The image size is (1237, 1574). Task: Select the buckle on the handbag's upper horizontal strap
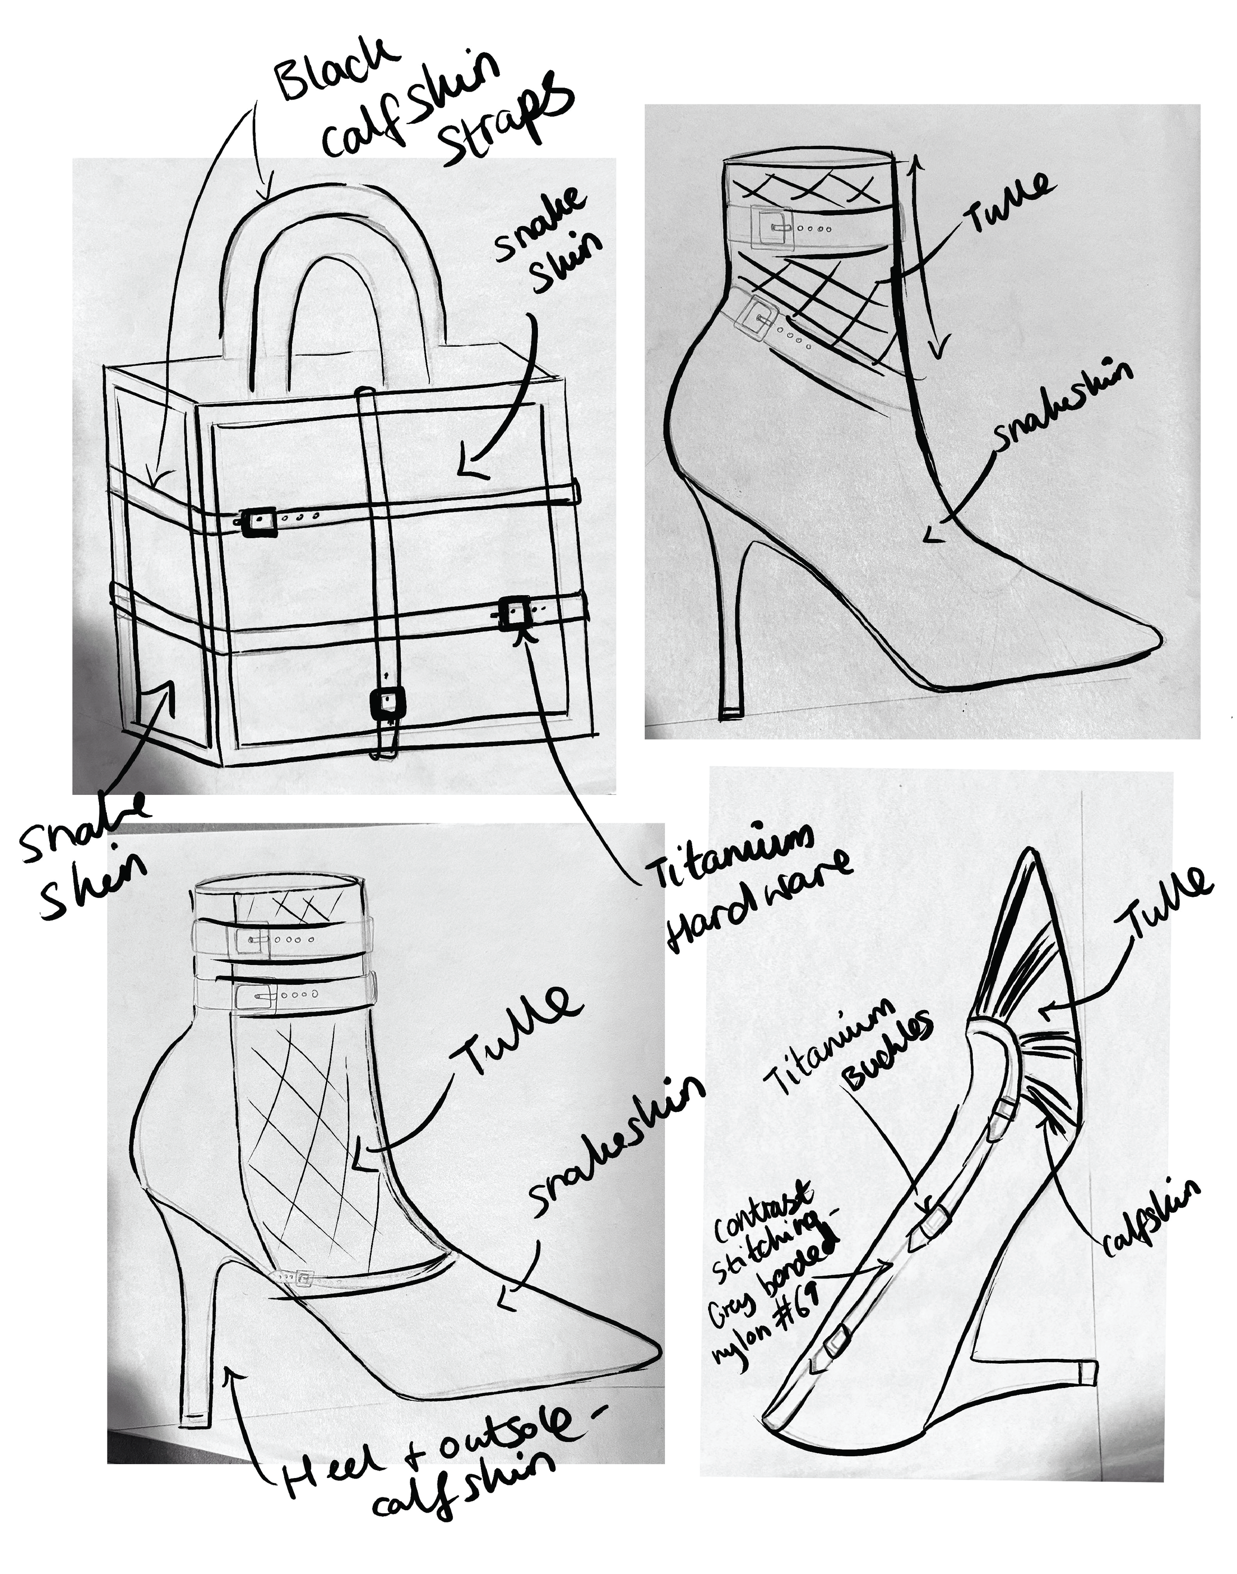coord(259,521)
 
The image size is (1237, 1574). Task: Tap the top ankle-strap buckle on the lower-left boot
coord(251,940)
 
